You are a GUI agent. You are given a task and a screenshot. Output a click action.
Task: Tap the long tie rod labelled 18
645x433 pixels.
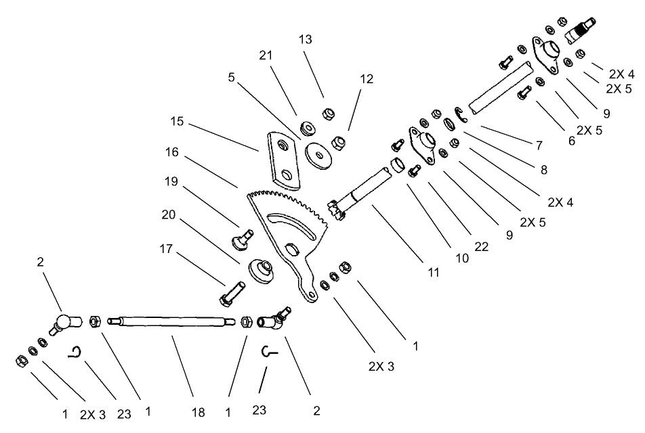tap(173, 321)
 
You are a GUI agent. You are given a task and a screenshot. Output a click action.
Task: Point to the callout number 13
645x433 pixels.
tap(306, 40)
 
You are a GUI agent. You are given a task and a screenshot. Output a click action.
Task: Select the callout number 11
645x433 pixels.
tap(434, 273)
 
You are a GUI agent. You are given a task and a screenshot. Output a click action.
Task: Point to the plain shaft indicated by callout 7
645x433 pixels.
tap(500, 87)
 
